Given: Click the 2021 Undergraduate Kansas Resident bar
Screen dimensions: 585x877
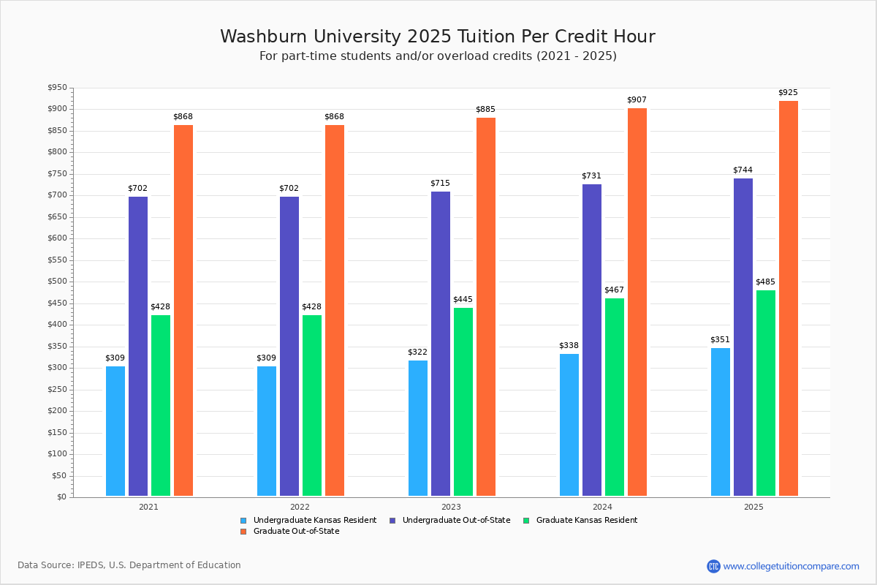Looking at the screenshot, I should click(x=115, y=431).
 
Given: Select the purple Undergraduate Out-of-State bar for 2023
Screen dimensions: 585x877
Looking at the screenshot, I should click(x=441, y=344).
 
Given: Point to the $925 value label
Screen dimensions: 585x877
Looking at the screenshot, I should click(x=788, y=93).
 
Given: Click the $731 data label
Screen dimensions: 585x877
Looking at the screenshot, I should click(x=591, y=176).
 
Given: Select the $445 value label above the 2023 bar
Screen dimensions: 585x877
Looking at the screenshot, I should click(x=463, y=300).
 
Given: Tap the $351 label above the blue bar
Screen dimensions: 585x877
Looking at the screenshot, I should click(x=720, y=340).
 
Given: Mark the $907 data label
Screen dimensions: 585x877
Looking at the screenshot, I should click(x=637, y=100).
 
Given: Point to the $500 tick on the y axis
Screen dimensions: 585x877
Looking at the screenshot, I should click(x=57, y=282).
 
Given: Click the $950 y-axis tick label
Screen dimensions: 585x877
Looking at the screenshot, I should click(x=57, y=88).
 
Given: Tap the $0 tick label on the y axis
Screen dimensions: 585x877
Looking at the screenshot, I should click(x=61, y=497).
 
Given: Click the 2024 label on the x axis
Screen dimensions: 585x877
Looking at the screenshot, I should click(x=602, y=507).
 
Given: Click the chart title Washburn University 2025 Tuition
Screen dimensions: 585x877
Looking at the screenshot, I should click(x=438, y=37).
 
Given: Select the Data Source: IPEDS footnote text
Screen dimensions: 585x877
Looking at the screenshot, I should click(x=129, y=565).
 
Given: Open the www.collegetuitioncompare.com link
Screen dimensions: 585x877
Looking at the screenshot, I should click(x=791, y=566).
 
